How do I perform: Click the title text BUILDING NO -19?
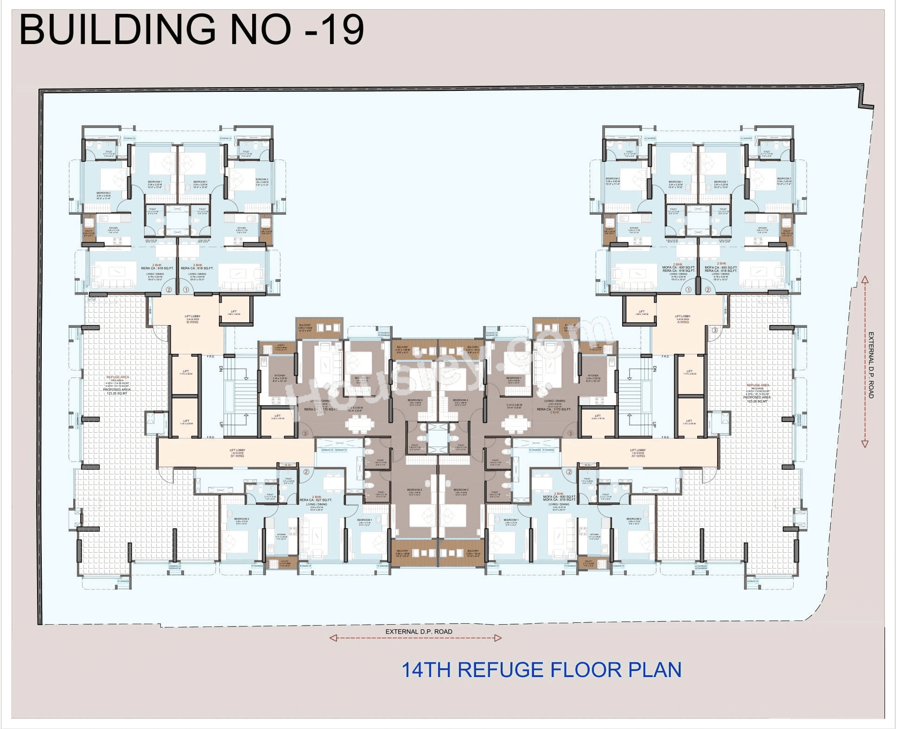pos(191,30)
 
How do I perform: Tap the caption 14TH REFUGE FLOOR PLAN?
pos(541,671)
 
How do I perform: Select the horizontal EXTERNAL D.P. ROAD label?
pos(419,632)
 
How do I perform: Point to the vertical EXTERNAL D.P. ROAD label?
pos(871,365)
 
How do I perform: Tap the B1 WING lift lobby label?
pos(237,453)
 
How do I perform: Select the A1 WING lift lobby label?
pos(637,453)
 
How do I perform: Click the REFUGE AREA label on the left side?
pos(118,377)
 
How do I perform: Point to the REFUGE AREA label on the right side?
pos(757,385)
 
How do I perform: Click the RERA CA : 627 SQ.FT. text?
pos(322,500)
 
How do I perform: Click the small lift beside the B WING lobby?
pos(234,313)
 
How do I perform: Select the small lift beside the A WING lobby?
pos(641,313)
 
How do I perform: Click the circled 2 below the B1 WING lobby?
pos(306,472)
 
